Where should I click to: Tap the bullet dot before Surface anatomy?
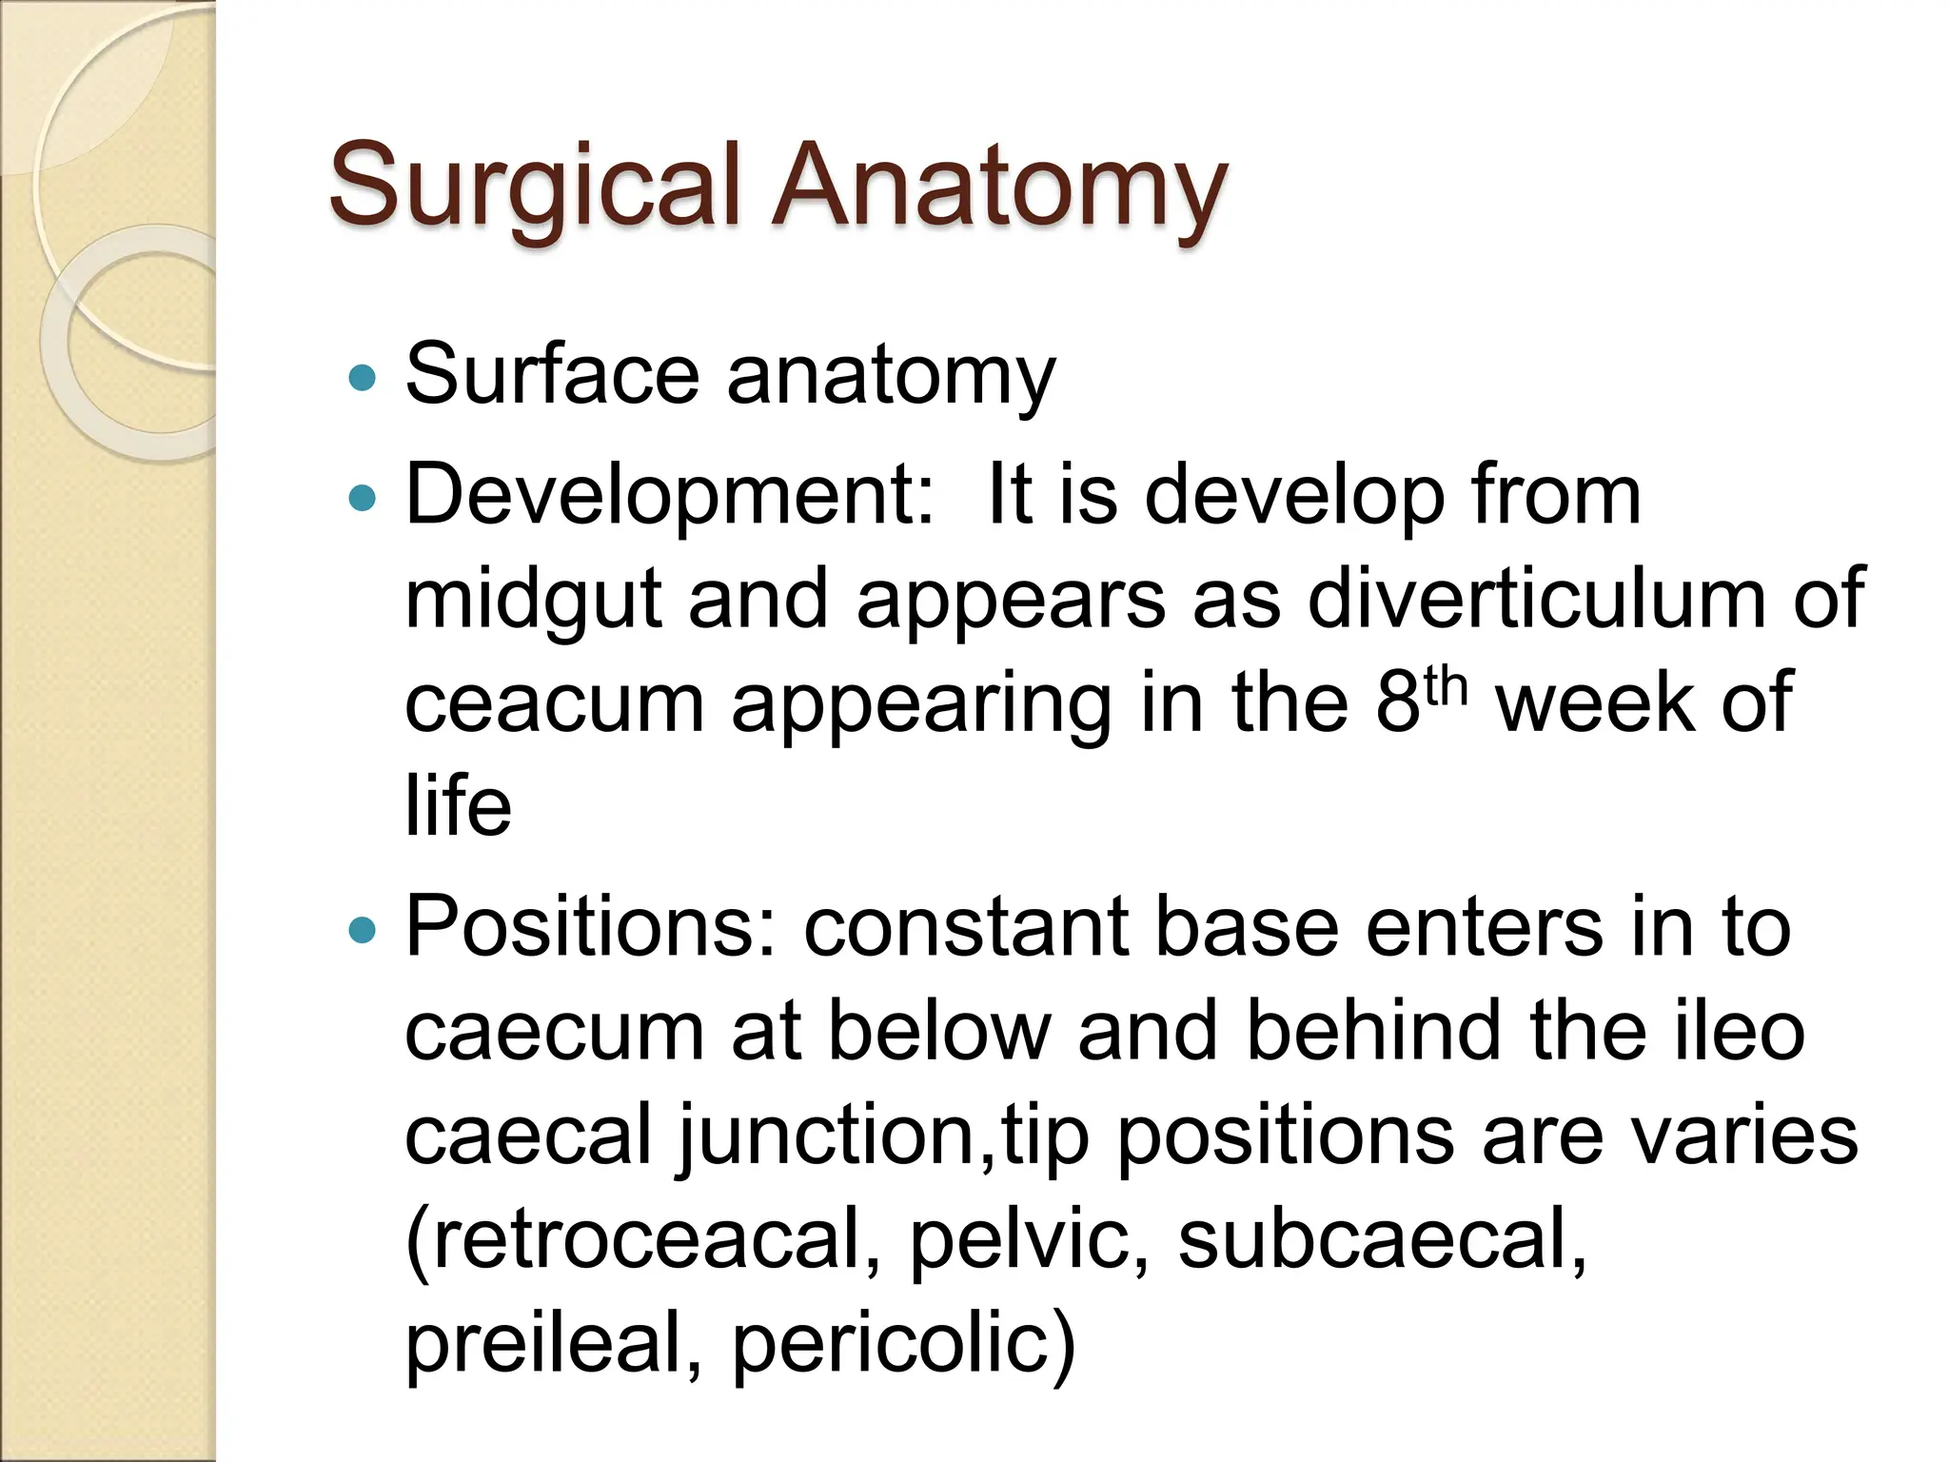363,379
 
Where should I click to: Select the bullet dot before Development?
363,498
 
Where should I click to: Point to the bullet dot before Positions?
363,930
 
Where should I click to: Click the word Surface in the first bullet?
552,374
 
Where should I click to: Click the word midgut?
533,600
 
